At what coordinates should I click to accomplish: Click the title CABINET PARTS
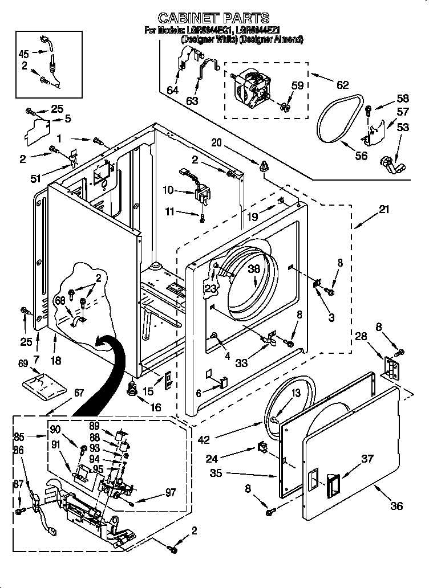click(x=213, y=18)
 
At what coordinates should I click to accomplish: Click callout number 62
click(x=342, y=85)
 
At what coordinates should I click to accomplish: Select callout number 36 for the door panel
click(x=396, y=505)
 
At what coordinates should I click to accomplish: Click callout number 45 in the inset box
click(x=23, y=54)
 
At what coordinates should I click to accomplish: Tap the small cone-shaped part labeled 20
click(x=263, y=167)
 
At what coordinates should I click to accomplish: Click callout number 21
click(x=384, y=210)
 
